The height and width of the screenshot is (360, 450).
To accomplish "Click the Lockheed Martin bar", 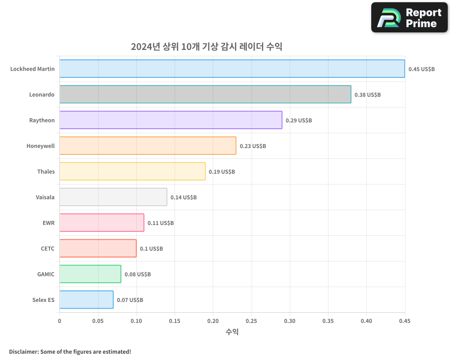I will point(232,69).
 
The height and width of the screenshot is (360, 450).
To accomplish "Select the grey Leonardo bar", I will point(205,94).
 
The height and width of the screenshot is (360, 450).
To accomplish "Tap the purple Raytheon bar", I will point(171,120).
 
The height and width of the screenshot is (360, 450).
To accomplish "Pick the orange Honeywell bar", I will point(148,146).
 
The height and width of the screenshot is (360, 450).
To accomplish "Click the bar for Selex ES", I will point(86,300).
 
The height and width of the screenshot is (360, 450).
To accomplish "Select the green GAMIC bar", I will point(90,274).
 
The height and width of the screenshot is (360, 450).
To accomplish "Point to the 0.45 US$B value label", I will point(422,69).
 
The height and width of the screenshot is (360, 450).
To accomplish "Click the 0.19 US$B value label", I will point(222,172).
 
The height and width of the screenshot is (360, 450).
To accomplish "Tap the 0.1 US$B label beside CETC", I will point(151,249).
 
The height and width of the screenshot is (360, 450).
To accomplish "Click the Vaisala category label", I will point(45,197).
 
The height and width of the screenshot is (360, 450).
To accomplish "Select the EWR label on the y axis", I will point(48,223).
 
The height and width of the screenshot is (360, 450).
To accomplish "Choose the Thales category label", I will point(46,171).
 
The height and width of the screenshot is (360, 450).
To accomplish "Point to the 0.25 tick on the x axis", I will point(251,321).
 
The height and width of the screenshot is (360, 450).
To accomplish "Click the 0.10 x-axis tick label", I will point(136,321).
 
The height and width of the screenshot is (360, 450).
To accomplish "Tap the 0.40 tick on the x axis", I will point(366,321).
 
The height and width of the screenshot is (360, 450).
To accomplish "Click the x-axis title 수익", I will point(232,332).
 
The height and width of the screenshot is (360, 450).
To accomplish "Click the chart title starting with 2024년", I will point(207,47).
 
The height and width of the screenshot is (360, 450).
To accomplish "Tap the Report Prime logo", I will point(409,18).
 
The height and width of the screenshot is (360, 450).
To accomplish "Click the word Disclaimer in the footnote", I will point(23,351).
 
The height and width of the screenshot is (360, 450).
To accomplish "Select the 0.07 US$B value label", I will point(130,300).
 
